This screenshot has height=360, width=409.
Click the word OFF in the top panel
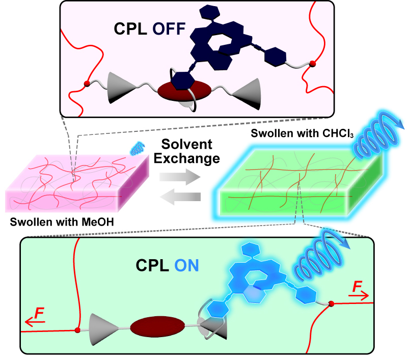[169, 29]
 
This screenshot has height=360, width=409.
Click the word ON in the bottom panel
[186, 266]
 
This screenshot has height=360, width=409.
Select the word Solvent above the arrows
[187, 144]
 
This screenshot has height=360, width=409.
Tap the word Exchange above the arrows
[187, 158]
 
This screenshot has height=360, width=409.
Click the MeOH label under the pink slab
[98, 222]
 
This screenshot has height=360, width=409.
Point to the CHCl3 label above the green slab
[338, 133]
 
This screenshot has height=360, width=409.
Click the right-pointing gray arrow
[180, 177]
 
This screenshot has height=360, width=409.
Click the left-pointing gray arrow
[180, 197]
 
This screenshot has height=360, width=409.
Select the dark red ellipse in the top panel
[184, 91]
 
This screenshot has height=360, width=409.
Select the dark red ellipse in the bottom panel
[157, 326]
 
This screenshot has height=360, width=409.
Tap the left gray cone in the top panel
[122, 88]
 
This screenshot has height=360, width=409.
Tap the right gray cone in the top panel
[246, 94]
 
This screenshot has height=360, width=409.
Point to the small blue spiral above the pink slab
[138, 149]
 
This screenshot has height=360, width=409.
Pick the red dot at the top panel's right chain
[313, 64]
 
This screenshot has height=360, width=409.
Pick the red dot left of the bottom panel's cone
[77, 330]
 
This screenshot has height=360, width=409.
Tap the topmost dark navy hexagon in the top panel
[209, 12]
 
